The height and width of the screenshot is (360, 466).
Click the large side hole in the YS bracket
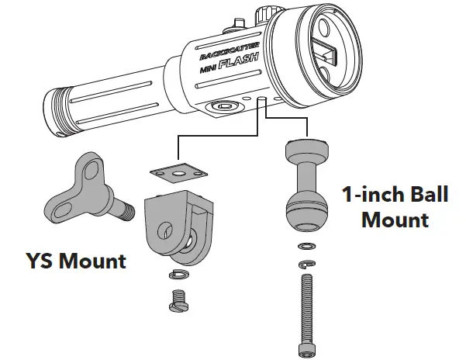(x=166, y=229)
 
